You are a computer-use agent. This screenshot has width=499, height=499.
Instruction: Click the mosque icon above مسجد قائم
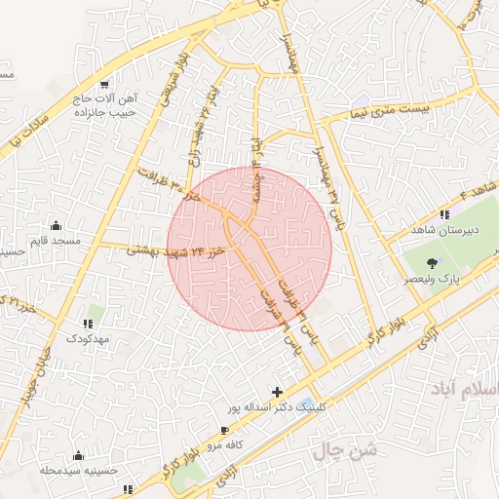[55, 225]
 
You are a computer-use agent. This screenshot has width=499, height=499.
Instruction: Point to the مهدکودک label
[89, 337]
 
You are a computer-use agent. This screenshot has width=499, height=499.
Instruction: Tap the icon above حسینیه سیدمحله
[78, 455]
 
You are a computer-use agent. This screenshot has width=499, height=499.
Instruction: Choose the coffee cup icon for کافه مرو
[226, 430]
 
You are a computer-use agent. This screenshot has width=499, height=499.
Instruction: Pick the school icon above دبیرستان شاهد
[444, 214]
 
